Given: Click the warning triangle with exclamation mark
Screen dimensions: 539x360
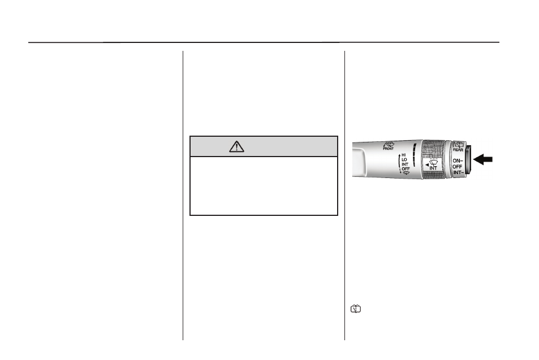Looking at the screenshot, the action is tap(236, 147).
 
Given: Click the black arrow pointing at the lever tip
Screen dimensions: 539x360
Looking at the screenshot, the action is tap(483, 159).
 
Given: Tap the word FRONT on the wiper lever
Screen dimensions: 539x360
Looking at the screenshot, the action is tap(389, 149).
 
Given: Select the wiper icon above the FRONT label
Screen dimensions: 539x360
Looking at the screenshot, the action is tap(389, 144).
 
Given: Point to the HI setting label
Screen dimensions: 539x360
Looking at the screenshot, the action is tap(404, 155).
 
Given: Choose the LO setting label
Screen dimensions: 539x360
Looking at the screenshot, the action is tap(404, 160).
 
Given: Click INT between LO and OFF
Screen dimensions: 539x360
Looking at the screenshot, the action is tap(405, 164).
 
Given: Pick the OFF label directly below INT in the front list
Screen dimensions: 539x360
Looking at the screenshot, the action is tap(406, 169).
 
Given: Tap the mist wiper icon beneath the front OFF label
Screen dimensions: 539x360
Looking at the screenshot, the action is tap(406, 173).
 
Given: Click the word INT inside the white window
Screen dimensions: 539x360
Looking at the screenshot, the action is tap(433, 168).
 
